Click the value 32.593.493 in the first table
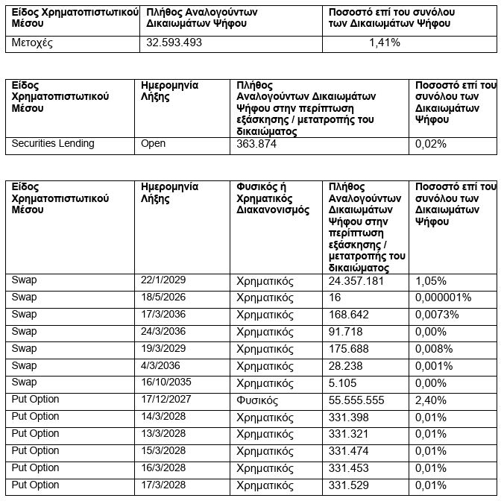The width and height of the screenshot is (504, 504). tap(174, 42)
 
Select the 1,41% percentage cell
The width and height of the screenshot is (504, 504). tap(385, 42)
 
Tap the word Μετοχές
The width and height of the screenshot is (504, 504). tap(33, 42)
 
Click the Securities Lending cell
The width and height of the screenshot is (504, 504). tap(53, 143)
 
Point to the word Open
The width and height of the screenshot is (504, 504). tap(153, 143)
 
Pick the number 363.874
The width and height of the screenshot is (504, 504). tap(256, 144)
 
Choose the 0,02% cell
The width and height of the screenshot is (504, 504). tap(430, 144)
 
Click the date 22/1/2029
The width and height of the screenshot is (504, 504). tap(163, 280)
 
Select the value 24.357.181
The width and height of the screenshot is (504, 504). tap(356, 281)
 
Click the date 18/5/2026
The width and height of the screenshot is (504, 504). tap(163, 297)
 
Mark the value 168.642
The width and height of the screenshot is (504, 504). tap(349, 315)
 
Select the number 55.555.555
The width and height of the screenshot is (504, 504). tap(356, 400)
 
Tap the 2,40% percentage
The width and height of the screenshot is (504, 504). tap(430, 400)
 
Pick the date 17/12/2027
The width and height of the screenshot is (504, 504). tap(166, 400)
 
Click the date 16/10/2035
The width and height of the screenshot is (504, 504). tap(166, 382)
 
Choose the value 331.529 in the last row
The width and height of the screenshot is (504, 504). tap(349, 486)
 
